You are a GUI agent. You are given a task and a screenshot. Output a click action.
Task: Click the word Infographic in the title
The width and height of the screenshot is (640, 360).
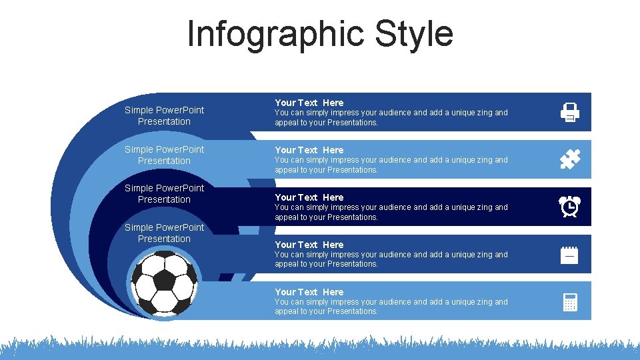pyautogui.click(x=276, y=34)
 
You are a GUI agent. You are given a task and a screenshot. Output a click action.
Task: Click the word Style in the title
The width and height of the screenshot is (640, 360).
pyautogui.click(x=414, y=34)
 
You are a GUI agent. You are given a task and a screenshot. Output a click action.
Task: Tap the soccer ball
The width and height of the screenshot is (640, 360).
pyautogui.click(x=164, y=283)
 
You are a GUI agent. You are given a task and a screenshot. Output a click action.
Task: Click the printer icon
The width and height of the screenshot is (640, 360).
pyautogui.click(x=570, y=112)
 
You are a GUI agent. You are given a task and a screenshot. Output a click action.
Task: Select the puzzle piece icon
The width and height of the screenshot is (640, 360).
pyautogui.click(x=570, y=160)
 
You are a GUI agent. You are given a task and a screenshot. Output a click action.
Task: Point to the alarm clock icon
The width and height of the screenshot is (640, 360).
pyautogui.click(x=570, y=207)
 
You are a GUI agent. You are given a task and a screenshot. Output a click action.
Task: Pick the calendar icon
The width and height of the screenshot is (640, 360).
pyautogui.click(x=569, y=255)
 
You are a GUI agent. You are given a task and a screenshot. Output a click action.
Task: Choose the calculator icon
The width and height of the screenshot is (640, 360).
pyautogui.click(x=570, y=302)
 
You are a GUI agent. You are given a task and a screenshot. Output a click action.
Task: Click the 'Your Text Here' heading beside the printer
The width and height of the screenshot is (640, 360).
pyautogui.click(x=309, y=103)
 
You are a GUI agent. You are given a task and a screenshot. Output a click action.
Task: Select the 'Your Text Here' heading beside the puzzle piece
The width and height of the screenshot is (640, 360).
pyautogui.click(x=309, y=150)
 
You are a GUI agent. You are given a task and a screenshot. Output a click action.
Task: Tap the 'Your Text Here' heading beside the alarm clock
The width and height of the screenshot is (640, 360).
pyautogui.click(x=309, y=197)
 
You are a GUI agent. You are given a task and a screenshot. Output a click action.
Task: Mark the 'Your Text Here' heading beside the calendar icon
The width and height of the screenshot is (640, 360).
pyautogui.click(x=309, y=245)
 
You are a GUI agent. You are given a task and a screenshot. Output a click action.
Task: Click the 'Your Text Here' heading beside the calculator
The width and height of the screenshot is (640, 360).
pyautogui.click(x=309, y=292)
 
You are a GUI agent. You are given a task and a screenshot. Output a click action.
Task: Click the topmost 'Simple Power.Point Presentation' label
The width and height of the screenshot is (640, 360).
pyautogui.click(x=164, y=115)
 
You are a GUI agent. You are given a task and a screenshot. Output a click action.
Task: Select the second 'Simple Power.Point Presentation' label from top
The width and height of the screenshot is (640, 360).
pyautogui.click(x=164, y=155)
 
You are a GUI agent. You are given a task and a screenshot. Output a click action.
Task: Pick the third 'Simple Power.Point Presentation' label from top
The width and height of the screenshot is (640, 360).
pyautogui.click(x=164, y=193)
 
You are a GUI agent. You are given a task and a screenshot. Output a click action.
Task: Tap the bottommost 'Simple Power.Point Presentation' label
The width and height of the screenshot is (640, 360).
pyautogui.click(x=164, y=233)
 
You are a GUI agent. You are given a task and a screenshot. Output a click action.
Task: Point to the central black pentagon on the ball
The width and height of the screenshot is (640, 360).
pyautogui.click(x=163, y=280)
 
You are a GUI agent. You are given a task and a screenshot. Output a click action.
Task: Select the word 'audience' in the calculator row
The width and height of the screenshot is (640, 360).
pyautogui.click(x=396, y=302)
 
